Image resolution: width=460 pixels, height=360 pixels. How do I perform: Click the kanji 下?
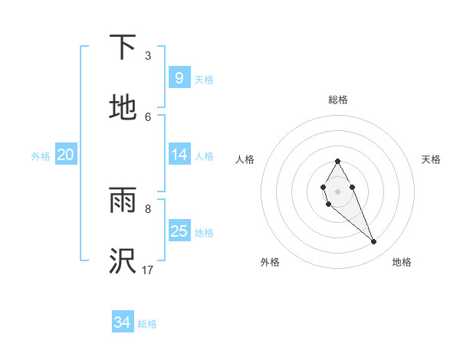(x=123, y=47)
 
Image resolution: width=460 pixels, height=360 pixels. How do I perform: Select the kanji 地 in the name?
(x=123, y=107)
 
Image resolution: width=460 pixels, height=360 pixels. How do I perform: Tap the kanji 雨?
(x=123, y=201)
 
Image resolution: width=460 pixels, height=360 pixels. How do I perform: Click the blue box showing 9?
(x=179, y=77)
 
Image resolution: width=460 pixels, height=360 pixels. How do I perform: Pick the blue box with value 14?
(x=179, y=155)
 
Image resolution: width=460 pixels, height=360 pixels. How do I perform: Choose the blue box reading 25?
(x=179, y=231)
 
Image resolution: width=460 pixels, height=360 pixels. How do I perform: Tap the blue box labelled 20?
(x=65, y=155)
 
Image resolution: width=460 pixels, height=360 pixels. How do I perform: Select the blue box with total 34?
(x=122, y=322)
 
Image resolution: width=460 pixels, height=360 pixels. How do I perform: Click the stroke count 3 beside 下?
(x=148, y=55)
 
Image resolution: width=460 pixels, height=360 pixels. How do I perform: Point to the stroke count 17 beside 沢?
(x=148, y=270)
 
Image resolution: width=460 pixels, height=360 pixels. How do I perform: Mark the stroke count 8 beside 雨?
(x=148, y=208)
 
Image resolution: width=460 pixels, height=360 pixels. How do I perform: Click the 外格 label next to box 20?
(x=41, y=155)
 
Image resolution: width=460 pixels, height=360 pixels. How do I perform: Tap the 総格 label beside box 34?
(x=147, y=323)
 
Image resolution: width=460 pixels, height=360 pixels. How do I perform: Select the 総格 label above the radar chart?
(x=338, y=100)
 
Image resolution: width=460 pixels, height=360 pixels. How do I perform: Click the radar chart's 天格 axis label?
(x=432, y=159)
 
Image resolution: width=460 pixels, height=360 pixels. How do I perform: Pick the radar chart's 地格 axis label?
(x=402, y=262)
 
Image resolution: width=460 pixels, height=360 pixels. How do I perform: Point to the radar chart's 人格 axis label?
(x=245, y=159)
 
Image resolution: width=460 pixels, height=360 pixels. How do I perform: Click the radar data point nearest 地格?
(x=374, y=242)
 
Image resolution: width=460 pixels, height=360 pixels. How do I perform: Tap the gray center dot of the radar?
(x=337, y=190)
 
